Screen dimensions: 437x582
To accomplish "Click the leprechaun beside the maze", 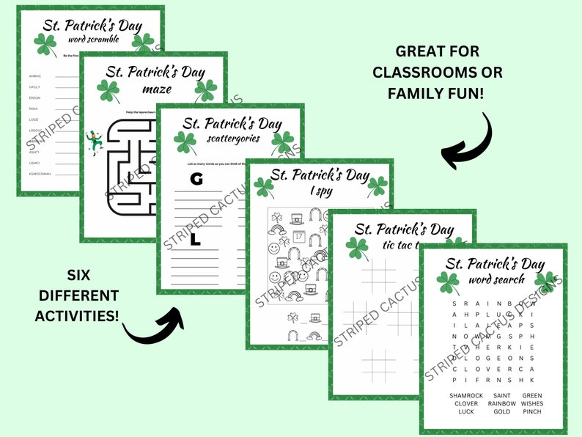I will click(94, 141).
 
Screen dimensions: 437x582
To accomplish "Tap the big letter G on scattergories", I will click(195, 179).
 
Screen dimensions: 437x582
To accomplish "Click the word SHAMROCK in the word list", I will click(466, 396).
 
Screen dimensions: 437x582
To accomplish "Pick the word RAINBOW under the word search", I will click(501, 403).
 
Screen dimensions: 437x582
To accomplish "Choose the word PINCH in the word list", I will click(533, 411).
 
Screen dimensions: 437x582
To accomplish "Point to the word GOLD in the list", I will click(501, 411).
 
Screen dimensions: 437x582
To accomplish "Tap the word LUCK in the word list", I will click(466, 411).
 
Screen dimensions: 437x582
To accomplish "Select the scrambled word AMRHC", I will click(34, 76).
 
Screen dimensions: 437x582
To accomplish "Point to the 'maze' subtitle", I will click(158, 89).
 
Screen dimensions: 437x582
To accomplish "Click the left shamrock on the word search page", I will click(447, 282).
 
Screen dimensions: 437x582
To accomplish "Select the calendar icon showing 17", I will click(298, 236).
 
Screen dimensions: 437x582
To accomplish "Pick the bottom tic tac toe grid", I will click(379, 364).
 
